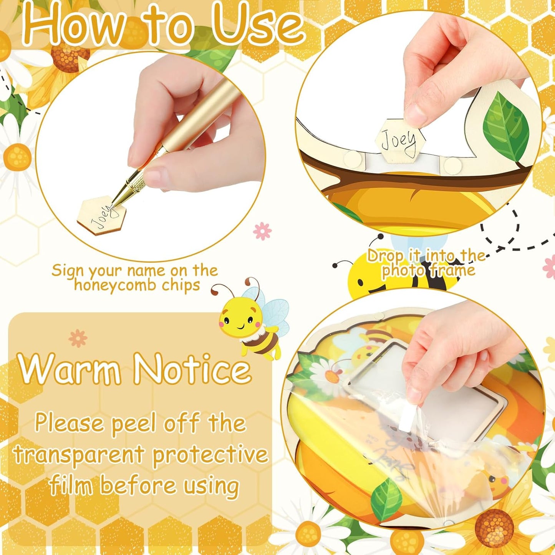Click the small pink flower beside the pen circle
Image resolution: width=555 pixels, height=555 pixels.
pos(262,231)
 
